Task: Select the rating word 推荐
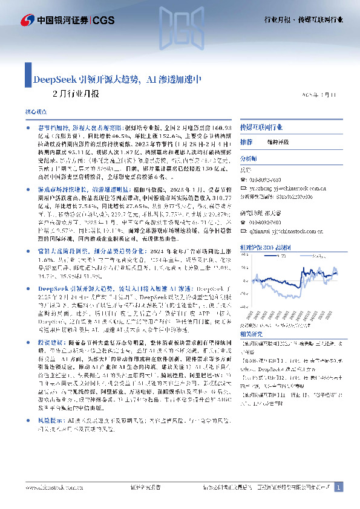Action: [246, 141]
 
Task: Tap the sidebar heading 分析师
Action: [249, 157]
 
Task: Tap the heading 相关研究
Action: [251, 333]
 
